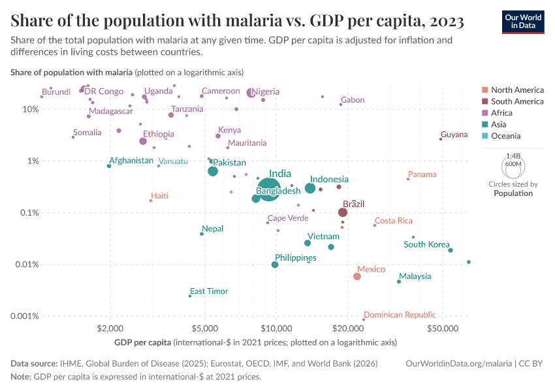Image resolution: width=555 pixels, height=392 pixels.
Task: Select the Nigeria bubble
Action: click(251, 93)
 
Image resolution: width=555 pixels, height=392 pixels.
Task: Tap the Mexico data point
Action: click(357, 276)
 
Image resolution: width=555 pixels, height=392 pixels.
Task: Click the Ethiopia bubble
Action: click(143, 141)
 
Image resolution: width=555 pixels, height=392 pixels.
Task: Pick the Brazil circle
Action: click(343, 212)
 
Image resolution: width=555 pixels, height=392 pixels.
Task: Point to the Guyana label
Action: click(454, 135)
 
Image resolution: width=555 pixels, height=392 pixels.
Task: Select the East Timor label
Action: click(209, 291)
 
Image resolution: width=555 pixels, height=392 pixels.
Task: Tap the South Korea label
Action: click(426, 244)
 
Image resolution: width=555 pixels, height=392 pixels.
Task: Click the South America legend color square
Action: click(484, 101)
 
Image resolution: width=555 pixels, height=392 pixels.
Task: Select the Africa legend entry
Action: click(502, 113)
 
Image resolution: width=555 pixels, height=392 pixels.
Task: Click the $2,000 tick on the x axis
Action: click(110, 329)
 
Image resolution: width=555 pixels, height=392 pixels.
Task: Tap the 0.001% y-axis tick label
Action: click(25, 316)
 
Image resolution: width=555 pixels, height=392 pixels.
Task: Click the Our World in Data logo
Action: click(524, 21)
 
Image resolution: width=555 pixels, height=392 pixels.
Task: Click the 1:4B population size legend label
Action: click(513, 155)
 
